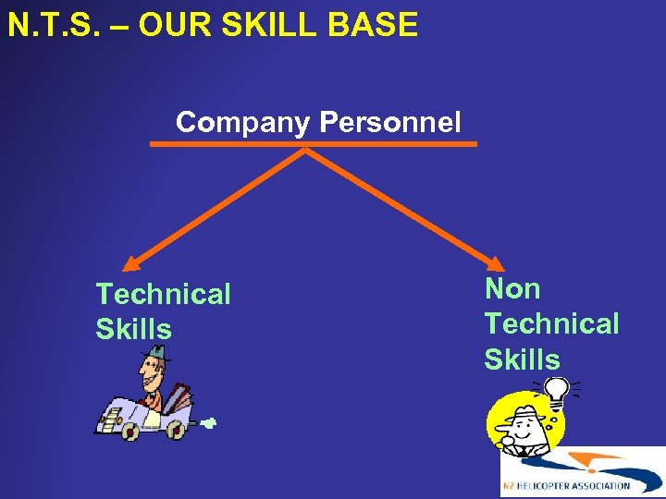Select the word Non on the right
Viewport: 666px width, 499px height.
pyautogui.click(x=512, y=289)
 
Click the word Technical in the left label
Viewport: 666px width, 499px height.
pyautogui.click(x=163, y=295)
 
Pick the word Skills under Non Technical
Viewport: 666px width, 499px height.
pyautogui.click(x=522, y=359)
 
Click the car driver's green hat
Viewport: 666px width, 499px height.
pyautogui.click(x=158, y=353)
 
